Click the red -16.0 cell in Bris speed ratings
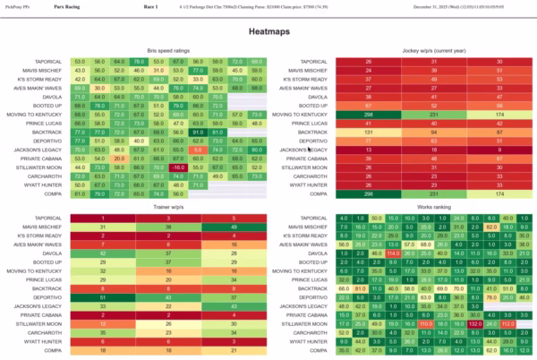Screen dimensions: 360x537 178,167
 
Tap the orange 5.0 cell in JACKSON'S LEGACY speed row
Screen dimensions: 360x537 178,150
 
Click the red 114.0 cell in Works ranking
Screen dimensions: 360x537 392,253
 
